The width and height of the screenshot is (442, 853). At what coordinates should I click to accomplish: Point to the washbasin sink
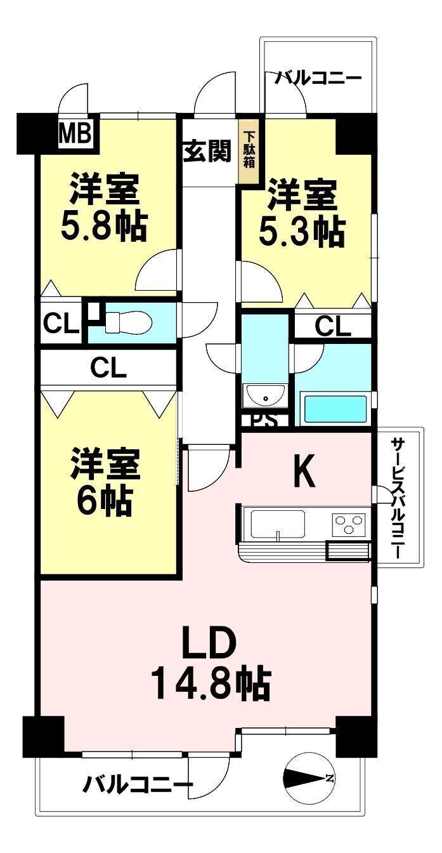[265, 395]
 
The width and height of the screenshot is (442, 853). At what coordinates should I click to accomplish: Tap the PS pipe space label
[265, 421]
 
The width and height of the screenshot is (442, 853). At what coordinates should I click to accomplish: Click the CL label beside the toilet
[61, 323]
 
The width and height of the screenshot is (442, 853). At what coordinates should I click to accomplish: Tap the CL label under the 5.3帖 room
[333, 327]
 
